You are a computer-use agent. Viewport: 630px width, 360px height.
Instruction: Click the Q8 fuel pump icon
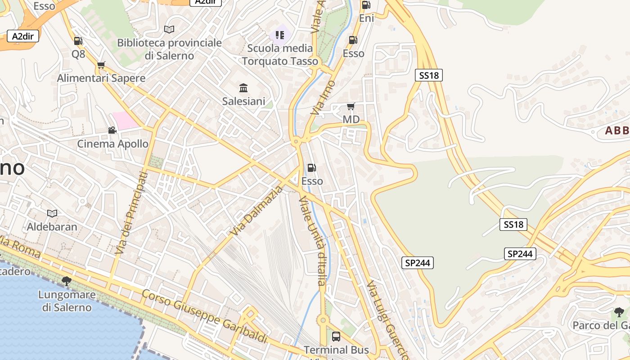pos(78,41)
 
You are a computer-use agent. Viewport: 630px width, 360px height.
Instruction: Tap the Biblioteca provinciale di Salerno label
pos(169,49)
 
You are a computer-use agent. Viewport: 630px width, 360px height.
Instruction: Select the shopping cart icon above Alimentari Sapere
pos(101,65)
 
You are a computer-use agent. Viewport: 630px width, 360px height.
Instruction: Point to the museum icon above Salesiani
pos(243,87)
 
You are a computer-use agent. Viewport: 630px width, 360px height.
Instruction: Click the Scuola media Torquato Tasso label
pos(280,54)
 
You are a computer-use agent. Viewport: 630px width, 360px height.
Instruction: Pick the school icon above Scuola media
pos(280,35)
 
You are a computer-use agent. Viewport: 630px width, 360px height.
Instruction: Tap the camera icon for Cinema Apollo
pos(112,130)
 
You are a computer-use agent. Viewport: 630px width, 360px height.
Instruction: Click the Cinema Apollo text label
pos(113,144)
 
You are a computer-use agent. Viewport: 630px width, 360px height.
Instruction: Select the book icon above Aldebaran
pos(52,213)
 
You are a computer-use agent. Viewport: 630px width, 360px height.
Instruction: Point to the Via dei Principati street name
pos(131,213)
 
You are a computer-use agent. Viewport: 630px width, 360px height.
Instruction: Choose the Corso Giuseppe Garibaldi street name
pos(205,317)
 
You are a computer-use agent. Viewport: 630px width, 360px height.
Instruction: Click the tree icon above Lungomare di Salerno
pos(67,281)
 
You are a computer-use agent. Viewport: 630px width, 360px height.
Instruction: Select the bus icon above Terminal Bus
pos(336,336)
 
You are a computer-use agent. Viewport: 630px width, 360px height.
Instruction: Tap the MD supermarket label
pos(351,119)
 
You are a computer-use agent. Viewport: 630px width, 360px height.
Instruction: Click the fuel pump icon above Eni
pos(366,5)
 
